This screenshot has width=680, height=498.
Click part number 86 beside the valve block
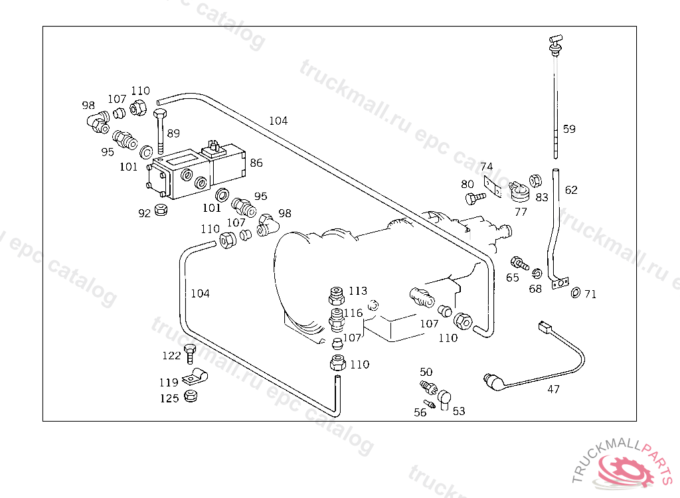tap(256, 163)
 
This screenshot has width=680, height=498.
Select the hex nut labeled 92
tap(161, 209)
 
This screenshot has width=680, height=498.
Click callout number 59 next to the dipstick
tap(569, 129)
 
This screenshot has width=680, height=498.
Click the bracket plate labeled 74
tap(493, 186)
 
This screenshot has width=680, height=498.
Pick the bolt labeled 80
tap(475, 199)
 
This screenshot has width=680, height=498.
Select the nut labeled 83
tap(536, 181)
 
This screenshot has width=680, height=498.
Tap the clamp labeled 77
tap(519, 192)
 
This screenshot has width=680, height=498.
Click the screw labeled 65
tap(519, 263)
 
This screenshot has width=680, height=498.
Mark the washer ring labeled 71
tap(576, 293)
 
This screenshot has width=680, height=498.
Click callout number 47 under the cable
tap(553, 389)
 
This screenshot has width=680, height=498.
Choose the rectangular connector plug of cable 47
tap(545, 327)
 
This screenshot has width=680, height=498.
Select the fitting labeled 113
tap(337, 296)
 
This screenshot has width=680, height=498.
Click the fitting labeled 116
tap(337, 319)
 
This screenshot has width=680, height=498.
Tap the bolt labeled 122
tap(189, 354)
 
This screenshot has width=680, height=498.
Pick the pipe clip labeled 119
tap(195, 376)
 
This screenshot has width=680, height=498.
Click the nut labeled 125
tap(191, 396)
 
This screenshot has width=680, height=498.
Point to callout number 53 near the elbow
tap(459, 411)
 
